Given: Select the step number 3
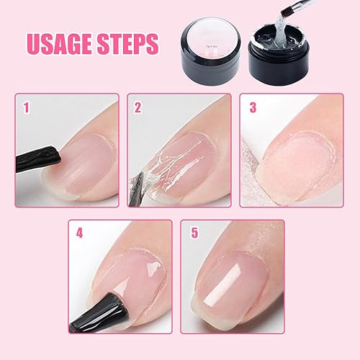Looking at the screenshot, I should pyautogui.click(x=253, y=109).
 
